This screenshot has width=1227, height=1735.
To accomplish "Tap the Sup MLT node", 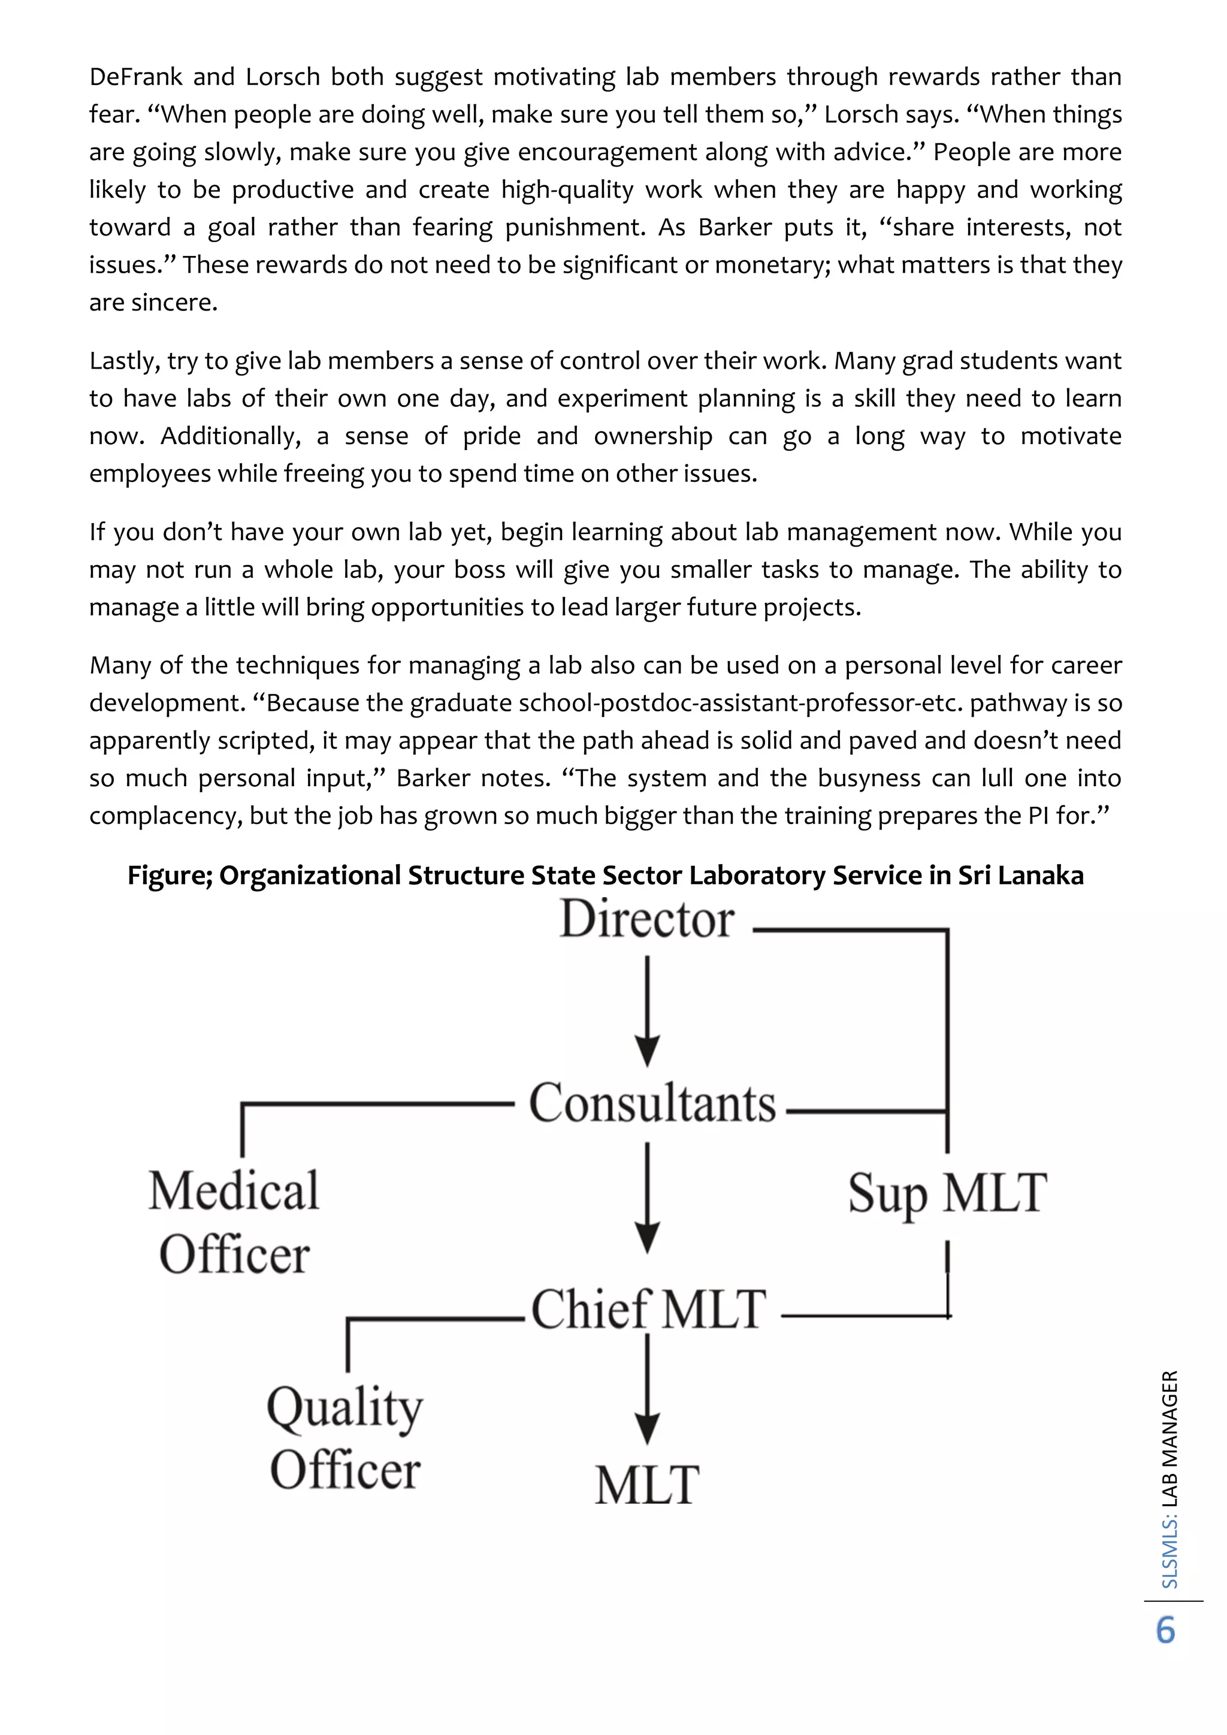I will point(947,1193).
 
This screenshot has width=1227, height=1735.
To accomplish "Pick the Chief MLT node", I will point(648,1309).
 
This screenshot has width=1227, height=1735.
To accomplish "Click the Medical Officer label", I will point(234,1223).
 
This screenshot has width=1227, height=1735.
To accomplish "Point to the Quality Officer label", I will point(345,1438).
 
